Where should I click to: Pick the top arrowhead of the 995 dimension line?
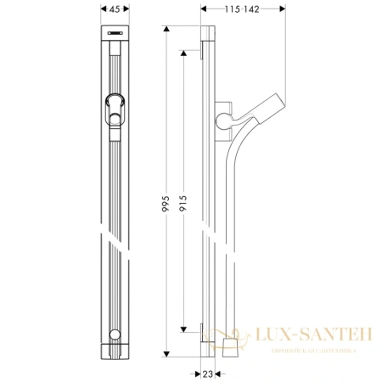(166, 28)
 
